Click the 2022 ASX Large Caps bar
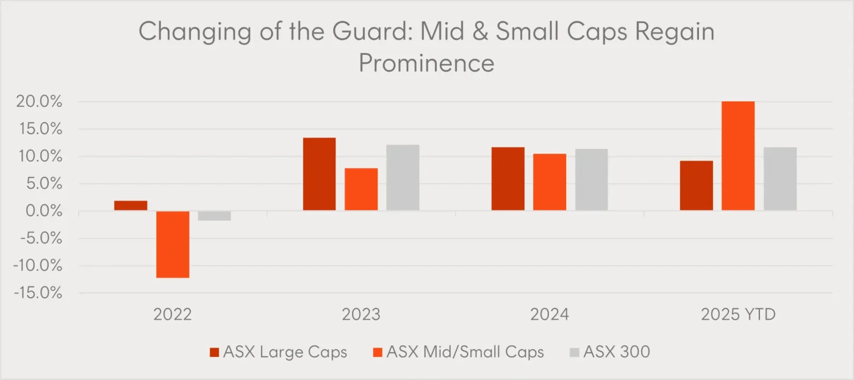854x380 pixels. click(x=131, y=206)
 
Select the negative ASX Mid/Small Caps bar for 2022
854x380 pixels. click(x=173, y=244)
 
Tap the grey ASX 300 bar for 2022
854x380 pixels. click(x=214, y=215)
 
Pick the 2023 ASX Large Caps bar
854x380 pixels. click(x=319, y=174)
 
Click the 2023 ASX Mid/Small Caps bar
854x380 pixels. click(x=361, y=189)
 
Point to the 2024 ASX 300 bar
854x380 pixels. click(x=591, y=179)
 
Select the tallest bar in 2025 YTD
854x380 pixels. click(x=738, y=156)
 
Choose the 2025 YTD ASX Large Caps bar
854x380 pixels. click(x=696, y=185)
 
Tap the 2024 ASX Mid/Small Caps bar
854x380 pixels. click(x=550, y=182)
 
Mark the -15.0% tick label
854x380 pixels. click(x=38, y=293)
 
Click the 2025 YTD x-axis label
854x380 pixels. click(x=738, y=315)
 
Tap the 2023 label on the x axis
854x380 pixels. click(x=361, y=315)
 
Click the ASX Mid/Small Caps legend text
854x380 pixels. click(x=465, y=352)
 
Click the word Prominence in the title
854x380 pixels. click(x=426, y=63)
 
